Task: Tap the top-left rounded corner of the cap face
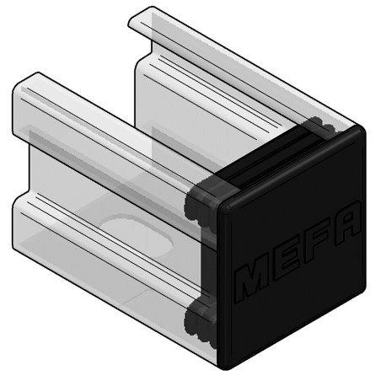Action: point(225,202)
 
